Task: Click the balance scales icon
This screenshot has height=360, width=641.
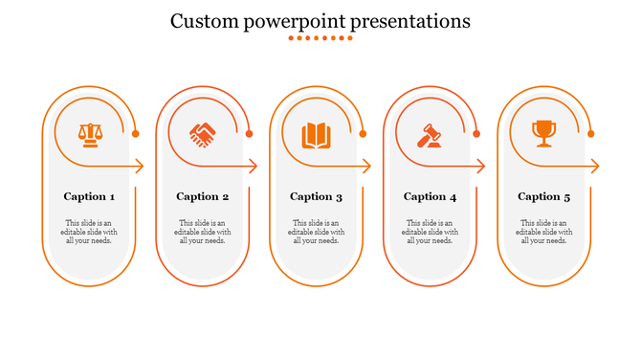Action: pos(89,134)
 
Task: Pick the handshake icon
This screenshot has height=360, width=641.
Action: pos(203,135)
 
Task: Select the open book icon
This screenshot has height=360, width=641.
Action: pos(316,135)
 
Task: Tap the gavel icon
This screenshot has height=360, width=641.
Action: pos(429,135)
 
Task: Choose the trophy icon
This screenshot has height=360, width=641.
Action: pos(543,133)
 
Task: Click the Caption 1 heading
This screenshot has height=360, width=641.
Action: pos(90,196)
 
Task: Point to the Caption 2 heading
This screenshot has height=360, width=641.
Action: pos(203,196)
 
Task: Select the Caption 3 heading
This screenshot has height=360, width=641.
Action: pos(317,196)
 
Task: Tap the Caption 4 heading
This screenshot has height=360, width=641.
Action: pos(431,196)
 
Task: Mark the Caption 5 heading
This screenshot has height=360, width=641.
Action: pos(544,196)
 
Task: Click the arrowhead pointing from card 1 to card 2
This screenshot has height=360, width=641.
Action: pos(139,167)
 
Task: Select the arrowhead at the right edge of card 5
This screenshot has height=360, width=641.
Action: pos(595,167)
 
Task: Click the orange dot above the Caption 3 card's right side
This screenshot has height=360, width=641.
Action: pos(363,134)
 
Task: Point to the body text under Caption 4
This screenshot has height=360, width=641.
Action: pos(431,232)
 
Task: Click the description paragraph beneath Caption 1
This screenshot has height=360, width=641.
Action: pos(90,232)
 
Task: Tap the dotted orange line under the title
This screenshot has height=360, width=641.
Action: pos(320,39)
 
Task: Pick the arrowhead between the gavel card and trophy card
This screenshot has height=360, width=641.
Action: pos(480,167)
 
